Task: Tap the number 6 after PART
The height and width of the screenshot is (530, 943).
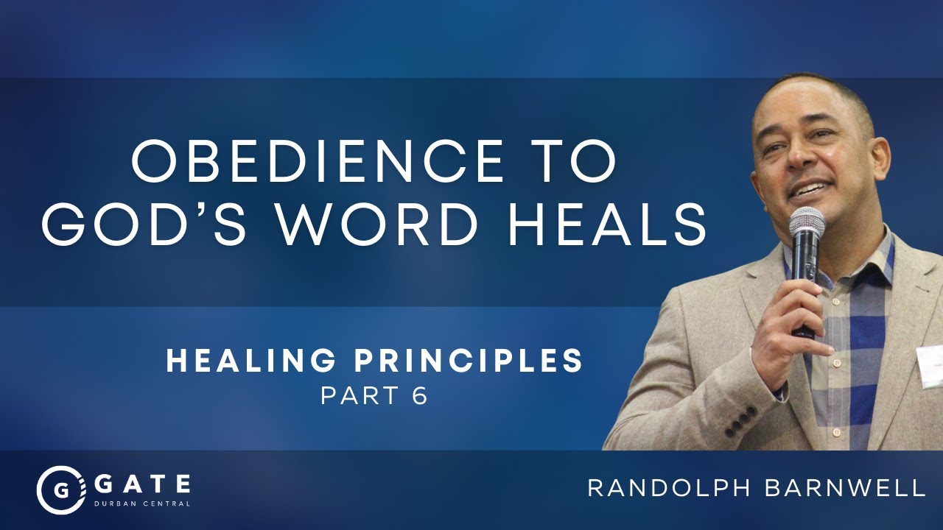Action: point(420,396)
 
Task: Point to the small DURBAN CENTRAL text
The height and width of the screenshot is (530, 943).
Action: point(142,504)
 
